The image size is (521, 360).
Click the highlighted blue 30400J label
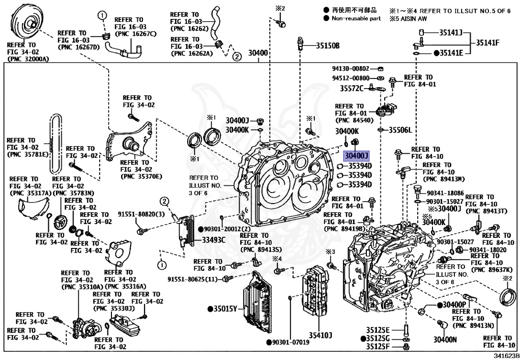pos(356,155)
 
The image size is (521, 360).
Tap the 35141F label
pos(488,43)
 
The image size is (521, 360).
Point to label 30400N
pos(445,339)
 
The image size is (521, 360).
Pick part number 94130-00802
pos(351,68)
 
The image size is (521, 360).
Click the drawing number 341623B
pos(506,356)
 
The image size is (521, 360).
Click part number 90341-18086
pos(445,193)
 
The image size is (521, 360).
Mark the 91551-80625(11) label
pos(193,279)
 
